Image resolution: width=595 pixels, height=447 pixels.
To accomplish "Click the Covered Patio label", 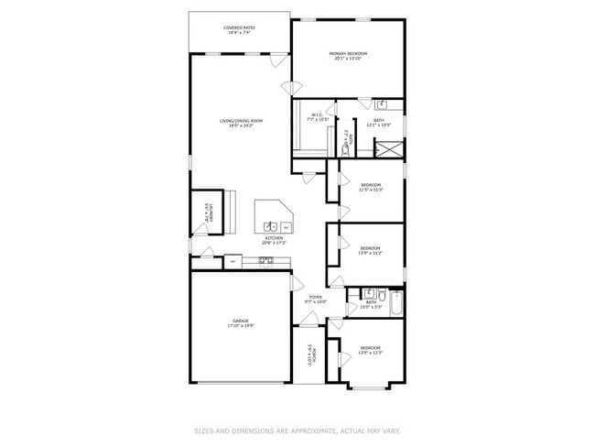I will click(x=239, y=28).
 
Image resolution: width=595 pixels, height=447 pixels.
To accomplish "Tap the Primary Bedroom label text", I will click(x=348, y=54).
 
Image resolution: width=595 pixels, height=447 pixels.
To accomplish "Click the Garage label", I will click(x=240, y=321).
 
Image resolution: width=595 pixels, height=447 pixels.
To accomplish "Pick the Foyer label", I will click(x=314, y=297).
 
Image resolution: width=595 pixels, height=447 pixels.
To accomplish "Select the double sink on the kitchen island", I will click(x=271, y=226).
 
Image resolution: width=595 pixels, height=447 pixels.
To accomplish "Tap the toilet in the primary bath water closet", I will click(x=347, y=144).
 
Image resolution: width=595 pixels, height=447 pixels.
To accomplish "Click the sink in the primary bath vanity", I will click(x=384, y=104).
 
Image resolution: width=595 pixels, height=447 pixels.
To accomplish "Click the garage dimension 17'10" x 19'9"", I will click(x=241, y=325).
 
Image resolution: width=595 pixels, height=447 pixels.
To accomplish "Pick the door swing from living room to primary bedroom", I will click(x=293, y=88).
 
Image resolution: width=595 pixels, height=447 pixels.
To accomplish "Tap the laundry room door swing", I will click(x=207, y=253).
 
